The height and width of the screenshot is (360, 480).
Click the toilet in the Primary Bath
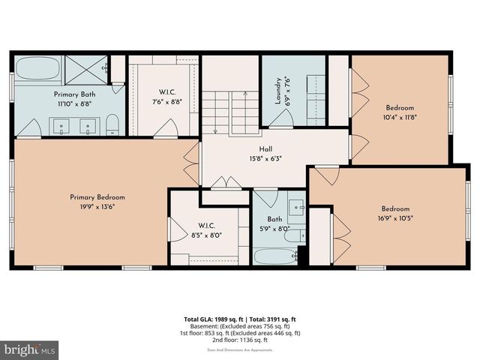(x=112, y=124)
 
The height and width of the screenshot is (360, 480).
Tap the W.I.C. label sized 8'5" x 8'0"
(x=207, y=224)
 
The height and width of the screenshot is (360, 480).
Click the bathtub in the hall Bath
(x=275, y=256)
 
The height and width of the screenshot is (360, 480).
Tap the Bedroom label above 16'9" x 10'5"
(x=395, y=208)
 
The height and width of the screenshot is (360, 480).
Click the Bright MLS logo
(x=30, y=349)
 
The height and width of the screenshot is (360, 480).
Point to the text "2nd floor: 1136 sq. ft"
(x=240, y=340)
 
